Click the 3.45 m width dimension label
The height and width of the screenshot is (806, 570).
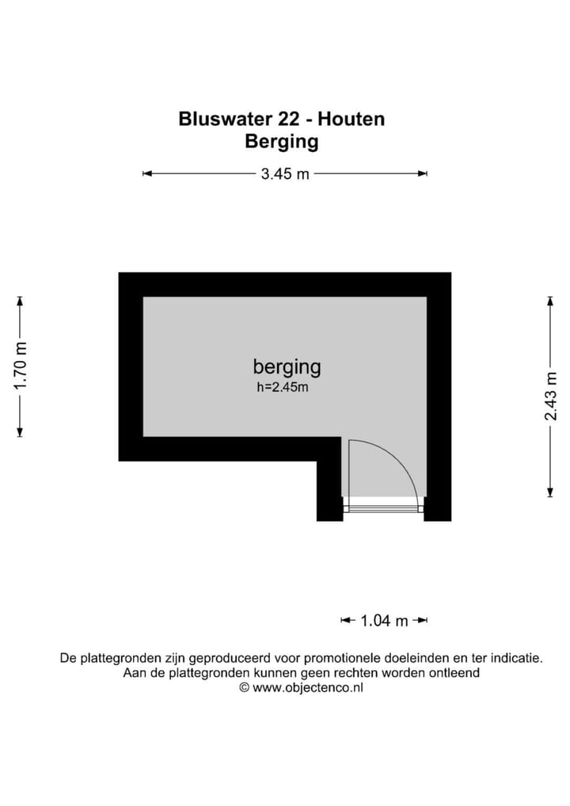pos(285,174)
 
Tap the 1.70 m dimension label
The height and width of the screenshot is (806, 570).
pos(21,365)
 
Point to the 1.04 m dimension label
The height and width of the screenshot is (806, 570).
pos(384,621)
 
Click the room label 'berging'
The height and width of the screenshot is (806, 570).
pos(287,367)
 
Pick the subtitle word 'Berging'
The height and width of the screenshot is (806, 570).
pos(282,143)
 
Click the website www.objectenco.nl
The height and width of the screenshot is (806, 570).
pos(308,688)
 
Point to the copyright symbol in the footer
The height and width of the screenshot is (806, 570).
pos(245,688)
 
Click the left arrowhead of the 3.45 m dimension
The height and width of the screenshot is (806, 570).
pos(146,174)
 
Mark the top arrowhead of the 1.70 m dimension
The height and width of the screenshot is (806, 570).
pos(21,300)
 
